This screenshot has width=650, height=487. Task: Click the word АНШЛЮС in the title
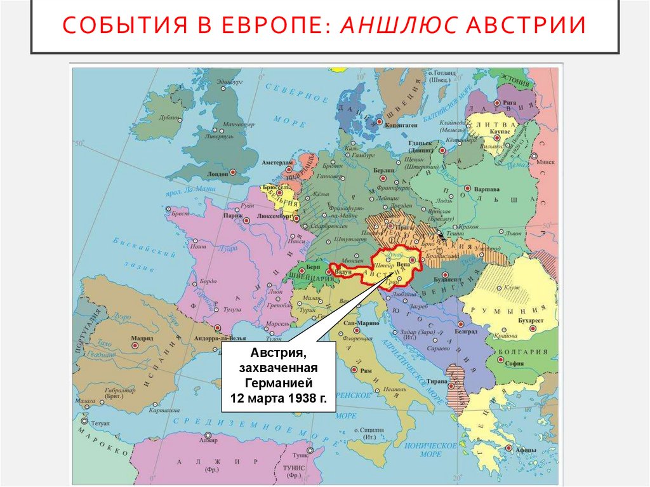click(x=398, y=26)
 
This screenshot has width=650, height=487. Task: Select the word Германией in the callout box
click(x=277, y=384)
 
